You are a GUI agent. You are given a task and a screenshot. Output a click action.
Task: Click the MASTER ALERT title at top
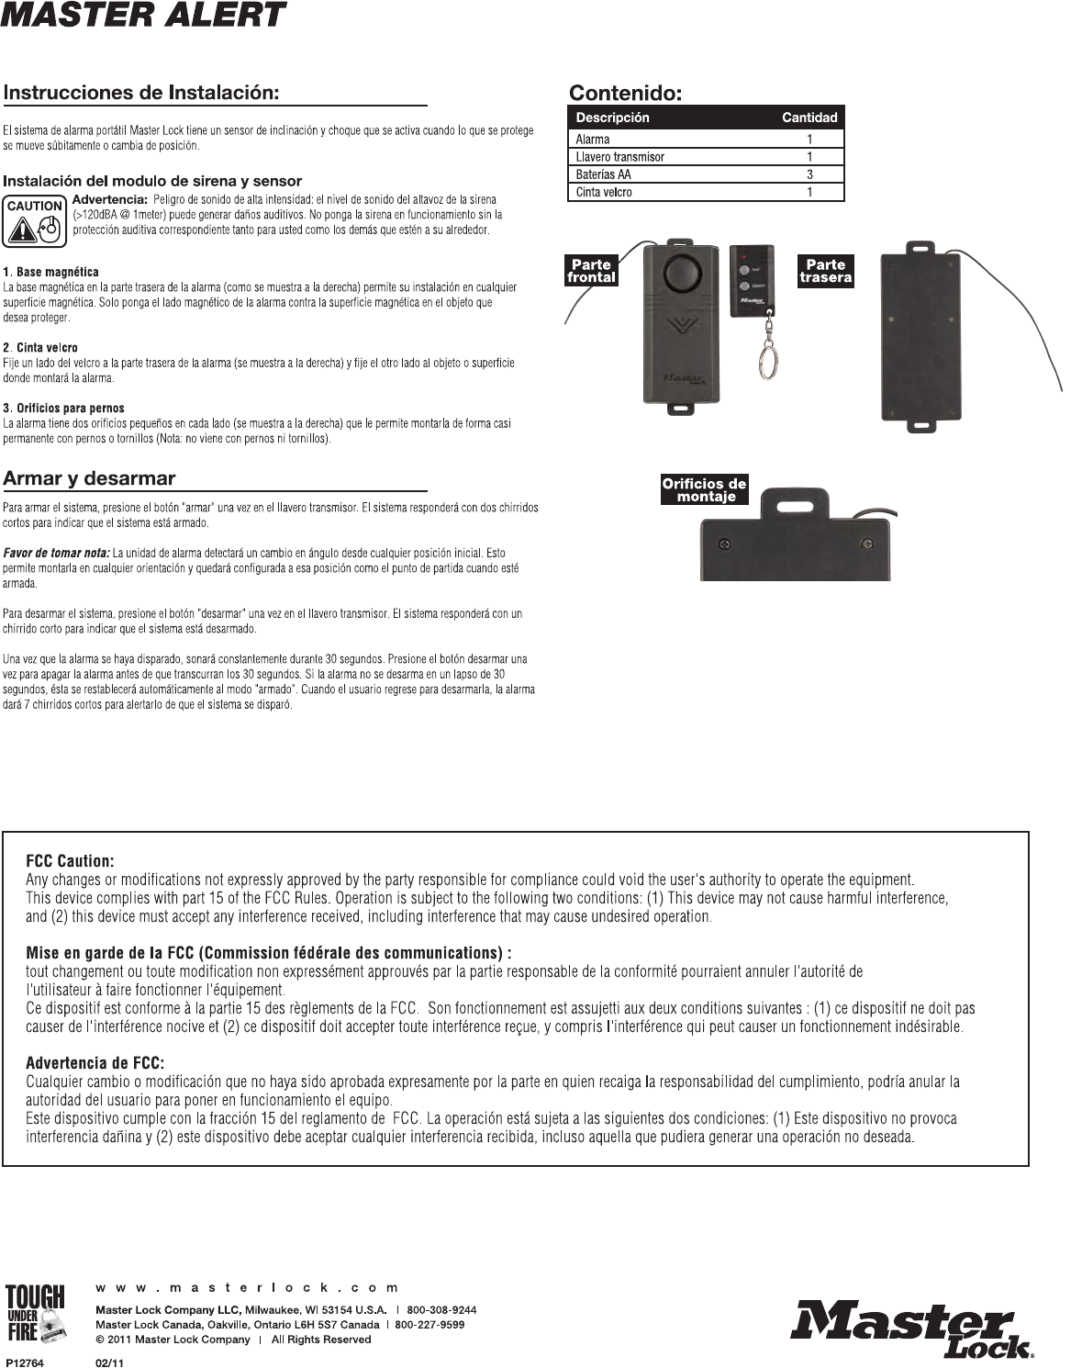pos(143,16)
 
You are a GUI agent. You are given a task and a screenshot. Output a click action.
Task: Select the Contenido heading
pos(625,93)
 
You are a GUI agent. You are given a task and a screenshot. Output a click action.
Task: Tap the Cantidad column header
pos(809,118)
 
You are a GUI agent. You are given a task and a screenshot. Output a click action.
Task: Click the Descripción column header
pos(612,118)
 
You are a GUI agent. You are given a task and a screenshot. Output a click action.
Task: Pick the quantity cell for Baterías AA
pos(809,174)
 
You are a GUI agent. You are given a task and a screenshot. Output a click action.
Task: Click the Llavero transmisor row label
pos(619,157)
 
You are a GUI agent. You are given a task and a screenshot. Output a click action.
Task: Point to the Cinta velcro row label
pos(603,192)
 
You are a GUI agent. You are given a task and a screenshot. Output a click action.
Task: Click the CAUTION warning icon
pos(35,221)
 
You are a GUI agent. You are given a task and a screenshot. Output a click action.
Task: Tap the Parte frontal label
pos(591,271)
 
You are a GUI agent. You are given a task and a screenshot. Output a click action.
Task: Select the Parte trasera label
pos(825,271)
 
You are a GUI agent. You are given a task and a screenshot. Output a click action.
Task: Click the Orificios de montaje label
pos(704,489)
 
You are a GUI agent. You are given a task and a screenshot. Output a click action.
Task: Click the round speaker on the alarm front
pos(680,273)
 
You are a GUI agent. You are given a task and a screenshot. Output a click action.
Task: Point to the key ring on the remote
pos(766,360)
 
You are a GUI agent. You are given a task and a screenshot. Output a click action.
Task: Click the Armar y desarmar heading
pos(89,478)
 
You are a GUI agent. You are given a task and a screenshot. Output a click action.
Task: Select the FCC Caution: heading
pos(70,861)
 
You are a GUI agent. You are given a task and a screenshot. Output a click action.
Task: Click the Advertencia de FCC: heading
pos(95,1063)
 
